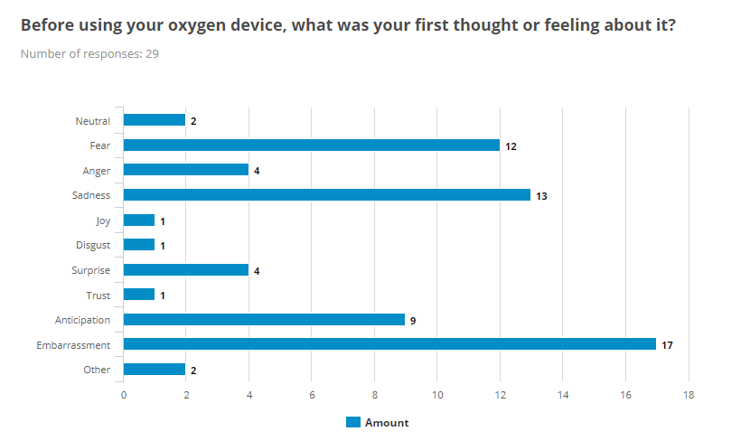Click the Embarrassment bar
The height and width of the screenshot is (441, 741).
click(x=389, y=344)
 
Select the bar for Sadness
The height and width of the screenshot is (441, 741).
click(x=327, y=194)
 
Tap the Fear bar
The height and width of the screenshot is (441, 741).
click(x=311, y=145)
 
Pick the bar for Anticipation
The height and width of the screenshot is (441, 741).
click(x=264, y=319)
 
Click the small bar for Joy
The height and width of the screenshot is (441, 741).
click(x=139, y=220)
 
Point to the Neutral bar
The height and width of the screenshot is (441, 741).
click(x=155, y=119)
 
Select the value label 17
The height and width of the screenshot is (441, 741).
click(x=667, y=345)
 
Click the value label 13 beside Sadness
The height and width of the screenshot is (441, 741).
click(x=541, y=195)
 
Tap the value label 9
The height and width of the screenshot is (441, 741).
click(x=412, y=320)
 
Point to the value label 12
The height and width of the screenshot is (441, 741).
click(x=511, y=145)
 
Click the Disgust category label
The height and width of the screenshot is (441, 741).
click(x=93, y=245)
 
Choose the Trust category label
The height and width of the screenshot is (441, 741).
click(x=98, y=295)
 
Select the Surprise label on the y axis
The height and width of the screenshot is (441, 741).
click(x=91, y=269)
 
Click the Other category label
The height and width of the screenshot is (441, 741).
click(x=96, y=370)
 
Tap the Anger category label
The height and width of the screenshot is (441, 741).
click(x=96, y=170)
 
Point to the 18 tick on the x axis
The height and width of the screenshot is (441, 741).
click(x=688, y=394)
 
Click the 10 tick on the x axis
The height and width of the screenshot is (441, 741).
click(x=436, y=394)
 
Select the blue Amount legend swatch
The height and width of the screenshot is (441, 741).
click(x=353, y=422)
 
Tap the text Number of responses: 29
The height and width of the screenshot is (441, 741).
click(x=90, y=53)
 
